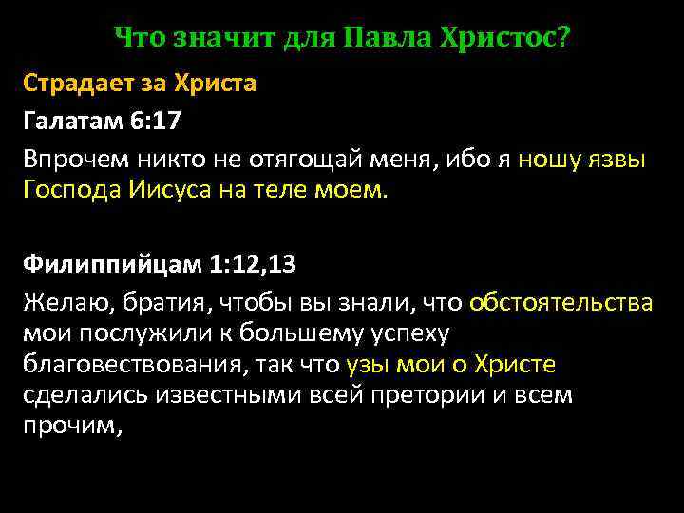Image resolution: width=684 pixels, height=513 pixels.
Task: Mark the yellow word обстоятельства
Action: point(560,302)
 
